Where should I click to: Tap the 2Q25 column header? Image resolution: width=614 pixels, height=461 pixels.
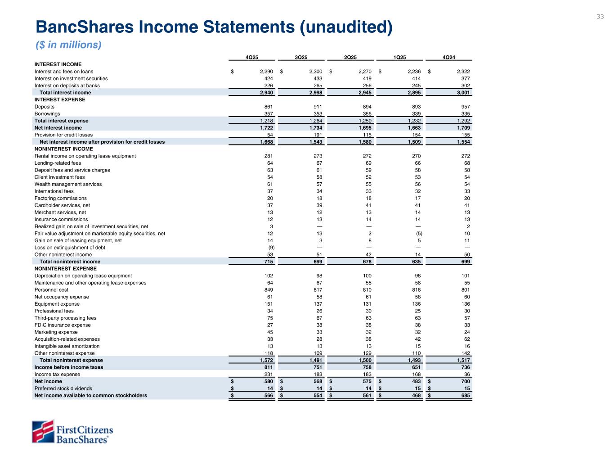350,57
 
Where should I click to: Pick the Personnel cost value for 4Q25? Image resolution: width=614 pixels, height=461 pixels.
267,290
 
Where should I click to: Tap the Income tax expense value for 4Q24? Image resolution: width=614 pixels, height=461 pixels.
466,374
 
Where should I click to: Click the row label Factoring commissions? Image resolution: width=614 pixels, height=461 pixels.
61,198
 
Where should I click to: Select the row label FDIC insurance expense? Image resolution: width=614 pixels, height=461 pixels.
63,325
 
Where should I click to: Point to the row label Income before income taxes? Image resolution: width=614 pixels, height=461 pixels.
69,367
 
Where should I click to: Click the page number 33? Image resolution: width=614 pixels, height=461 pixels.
600,17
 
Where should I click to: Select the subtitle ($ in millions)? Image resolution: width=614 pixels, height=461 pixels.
68,45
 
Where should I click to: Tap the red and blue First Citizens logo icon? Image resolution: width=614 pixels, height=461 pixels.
43,431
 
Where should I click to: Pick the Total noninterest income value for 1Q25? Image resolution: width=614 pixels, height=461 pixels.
415,262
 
